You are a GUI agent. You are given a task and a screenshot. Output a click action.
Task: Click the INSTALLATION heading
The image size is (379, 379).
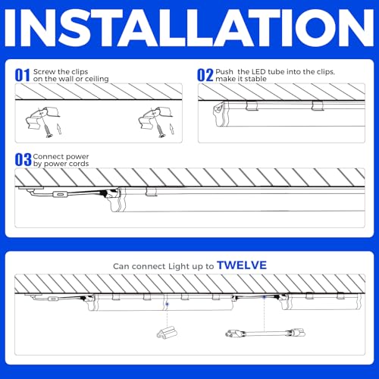[189, 28]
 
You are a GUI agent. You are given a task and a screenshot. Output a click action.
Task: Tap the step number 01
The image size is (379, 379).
[23, 75]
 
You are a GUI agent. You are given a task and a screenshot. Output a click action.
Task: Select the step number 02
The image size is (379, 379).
[205, 75]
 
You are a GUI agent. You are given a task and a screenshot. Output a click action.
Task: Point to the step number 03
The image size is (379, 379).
[23, 160]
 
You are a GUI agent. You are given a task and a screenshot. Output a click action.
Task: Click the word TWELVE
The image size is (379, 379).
[242, 265]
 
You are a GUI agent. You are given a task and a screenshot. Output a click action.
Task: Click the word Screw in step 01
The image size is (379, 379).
[44, 72]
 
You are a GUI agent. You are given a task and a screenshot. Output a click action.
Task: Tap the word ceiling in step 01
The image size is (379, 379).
[97, 79]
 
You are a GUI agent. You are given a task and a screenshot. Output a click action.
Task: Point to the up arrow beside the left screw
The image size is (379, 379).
[59, 129]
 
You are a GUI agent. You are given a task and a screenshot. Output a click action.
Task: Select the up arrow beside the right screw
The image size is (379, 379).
[171, 129]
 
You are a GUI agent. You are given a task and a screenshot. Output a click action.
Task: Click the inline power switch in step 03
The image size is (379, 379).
[60, 194]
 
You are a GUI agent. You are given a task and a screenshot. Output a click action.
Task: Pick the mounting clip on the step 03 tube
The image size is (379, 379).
[151, 192]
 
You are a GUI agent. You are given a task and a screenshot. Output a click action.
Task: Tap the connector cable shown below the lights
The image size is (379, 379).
[265, 333]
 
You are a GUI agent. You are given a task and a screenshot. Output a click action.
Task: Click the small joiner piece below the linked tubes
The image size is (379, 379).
[167, 332]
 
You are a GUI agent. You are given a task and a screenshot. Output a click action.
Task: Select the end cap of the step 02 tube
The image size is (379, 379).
[219, 114]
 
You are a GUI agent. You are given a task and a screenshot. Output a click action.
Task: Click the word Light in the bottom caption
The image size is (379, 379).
[179, 266]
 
